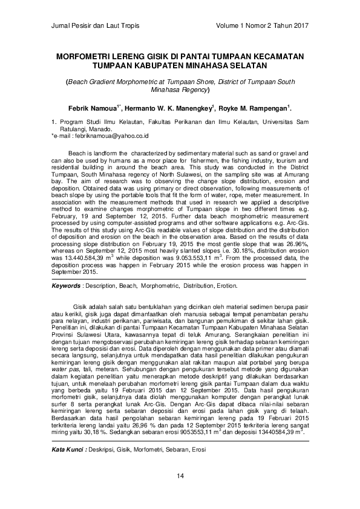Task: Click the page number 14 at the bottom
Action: click(x=180, y=494)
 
